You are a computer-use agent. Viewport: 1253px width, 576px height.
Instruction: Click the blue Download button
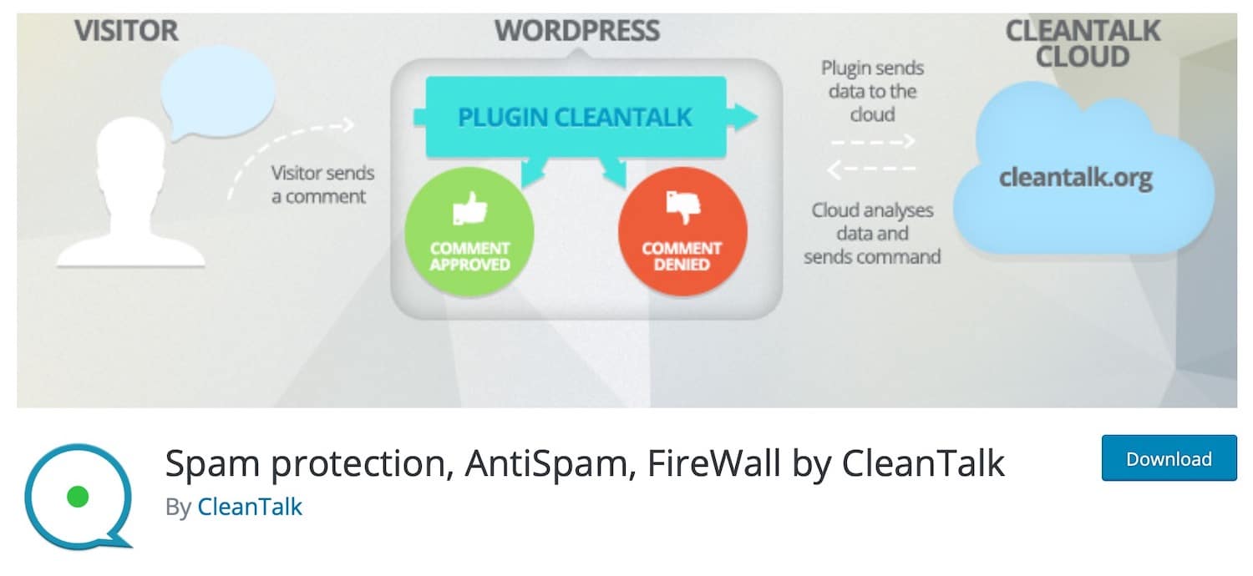coord(1168,458)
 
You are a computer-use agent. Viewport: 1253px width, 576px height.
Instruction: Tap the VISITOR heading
coord(126,31)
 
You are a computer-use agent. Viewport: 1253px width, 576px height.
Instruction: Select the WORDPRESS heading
coord(576,31)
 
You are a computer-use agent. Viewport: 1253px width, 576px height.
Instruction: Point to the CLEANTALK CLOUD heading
coord(1082,43)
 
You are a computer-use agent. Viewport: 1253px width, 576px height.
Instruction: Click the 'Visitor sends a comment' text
coord(322,184)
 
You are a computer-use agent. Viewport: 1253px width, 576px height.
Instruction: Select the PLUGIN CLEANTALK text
coord(575,117)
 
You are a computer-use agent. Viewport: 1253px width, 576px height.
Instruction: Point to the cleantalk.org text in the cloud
coord(1077,177)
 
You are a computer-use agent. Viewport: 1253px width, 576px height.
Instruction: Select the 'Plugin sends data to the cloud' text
coord(872,90)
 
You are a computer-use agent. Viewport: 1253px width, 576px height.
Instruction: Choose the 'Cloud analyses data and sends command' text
coord(872,233)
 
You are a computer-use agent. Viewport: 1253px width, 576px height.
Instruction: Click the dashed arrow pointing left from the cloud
coord(872,170)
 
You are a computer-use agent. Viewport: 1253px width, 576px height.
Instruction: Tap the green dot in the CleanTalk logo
coord(77,498)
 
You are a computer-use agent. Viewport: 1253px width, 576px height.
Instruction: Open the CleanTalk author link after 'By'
coord(250,507)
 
